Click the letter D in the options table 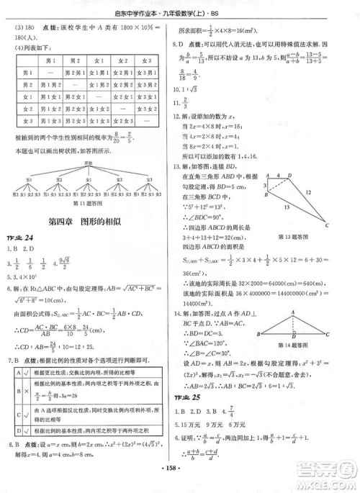(17, 450)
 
